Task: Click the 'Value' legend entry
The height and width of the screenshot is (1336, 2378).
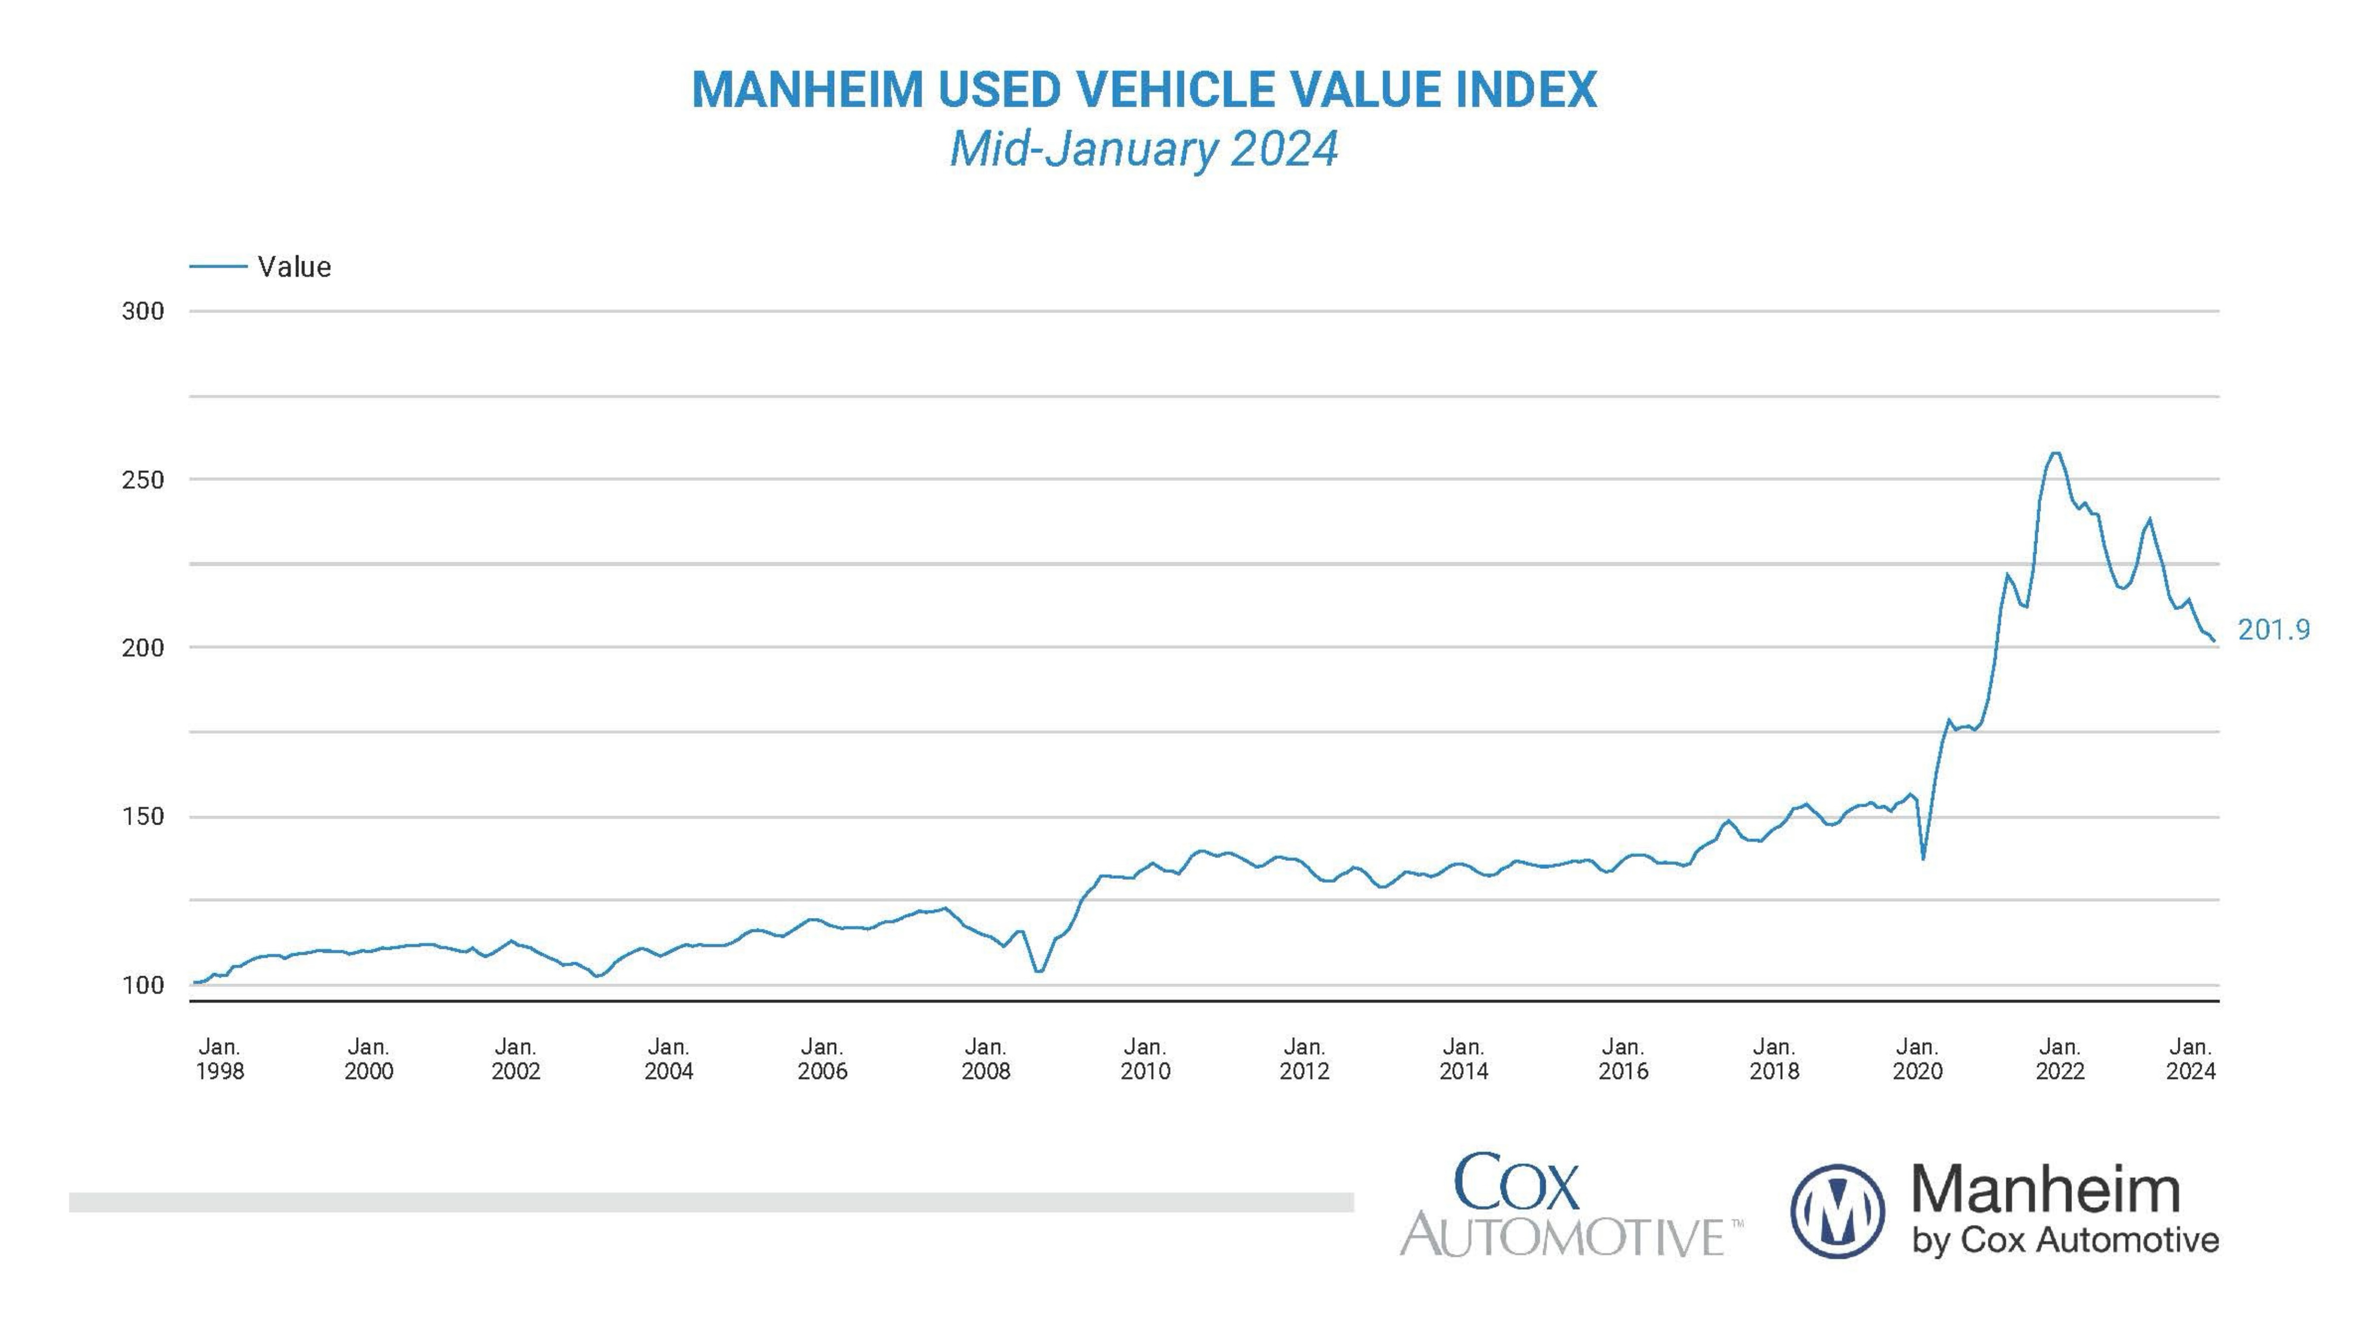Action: pyautogui.click(x=294, y=267)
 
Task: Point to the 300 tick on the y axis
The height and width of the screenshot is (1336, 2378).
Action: pyautogui.click(x=143, y=311)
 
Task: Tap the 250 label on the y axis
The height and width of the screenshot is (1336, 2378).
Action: pyautogui.click(x=143, y=479)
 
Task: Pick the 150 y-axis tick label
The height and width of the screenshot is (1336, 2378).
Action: pyautogui.click(x=143, y=816)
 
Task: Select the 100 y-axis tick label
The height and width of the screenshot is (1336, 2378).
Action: pyautogui.click(x=143, y=985)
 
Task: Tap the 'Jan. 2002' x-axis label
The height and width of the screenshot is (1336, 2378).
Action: pyautogui.click(x=515, y=1059)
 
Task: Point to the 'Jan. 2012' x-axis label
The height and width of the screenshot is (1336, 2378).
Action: pyautogui.click(x=1304, y=1059)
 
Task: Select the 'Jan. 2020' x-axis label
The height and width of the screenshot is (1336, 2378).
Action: pyautogui.click(x=1918, y=1059)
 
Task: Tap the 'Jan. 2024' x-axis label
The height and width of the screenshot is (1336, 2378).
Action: pyautogui.click(x=2191, y=1059)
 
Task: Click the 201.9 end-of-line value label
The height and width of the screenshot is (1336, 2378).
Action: pyautogui.click(x=2273, y=630)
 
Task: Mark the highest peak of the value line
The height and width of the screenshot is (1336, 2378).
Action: pyautogui.click(x=2055, y=453)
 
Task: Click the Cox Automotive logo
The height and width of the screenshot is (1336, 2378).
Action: pyautogui.click(x=1569, y=1205)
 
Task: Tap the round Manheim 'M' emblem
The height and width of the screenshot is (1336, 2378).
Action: pyautogui.click(x=1837, y=1211)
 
